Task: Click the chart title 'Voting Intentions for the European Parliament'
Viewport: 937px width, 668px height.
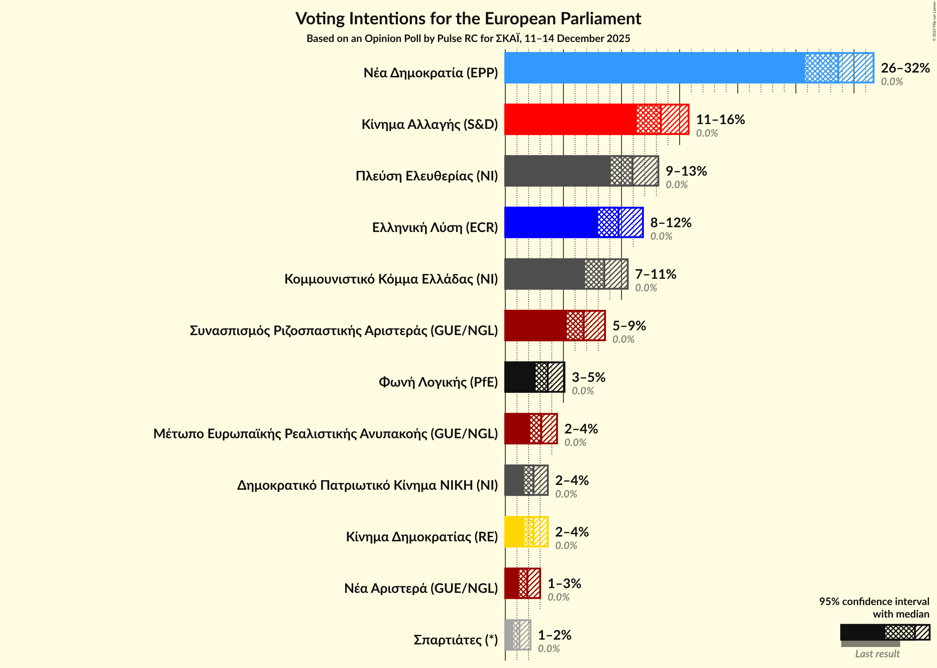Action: coord(468,19)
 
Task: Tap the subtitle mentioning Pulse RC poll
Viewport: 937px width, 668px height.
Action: coord(468,39)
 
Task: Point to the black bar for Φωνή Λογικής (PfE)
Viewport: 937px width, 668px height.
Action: coord(520,377)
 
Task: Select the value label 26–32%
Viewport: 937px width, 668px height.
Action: coord(905,68)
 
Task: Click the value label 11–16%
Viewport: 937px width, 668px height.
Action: coord(720,119)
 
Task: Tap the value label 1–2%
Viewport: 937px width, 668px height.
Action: coord(554,635)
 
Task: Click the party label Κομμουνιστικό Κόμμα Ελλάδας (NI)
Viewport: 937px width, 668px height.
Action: coord(391,279)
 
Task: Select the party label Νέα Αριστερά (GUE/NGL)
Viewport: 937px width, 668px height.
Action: coord(421,588)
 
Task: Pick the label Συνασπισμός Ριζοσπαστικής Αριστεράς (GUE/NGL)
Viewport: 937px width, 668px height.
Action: coord(344,330)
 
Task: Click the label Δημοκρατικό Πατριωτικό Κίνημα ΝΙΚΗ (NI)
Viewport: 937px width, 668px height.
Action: coord(367,485)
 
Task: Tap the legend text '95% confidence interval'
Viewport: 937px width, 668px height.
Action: coord(874,601)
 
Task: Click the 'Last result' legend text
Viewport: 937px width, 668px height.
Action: coord(877,654)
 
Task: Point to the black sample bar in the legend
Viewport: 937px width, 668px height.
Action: coord(862,632)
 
